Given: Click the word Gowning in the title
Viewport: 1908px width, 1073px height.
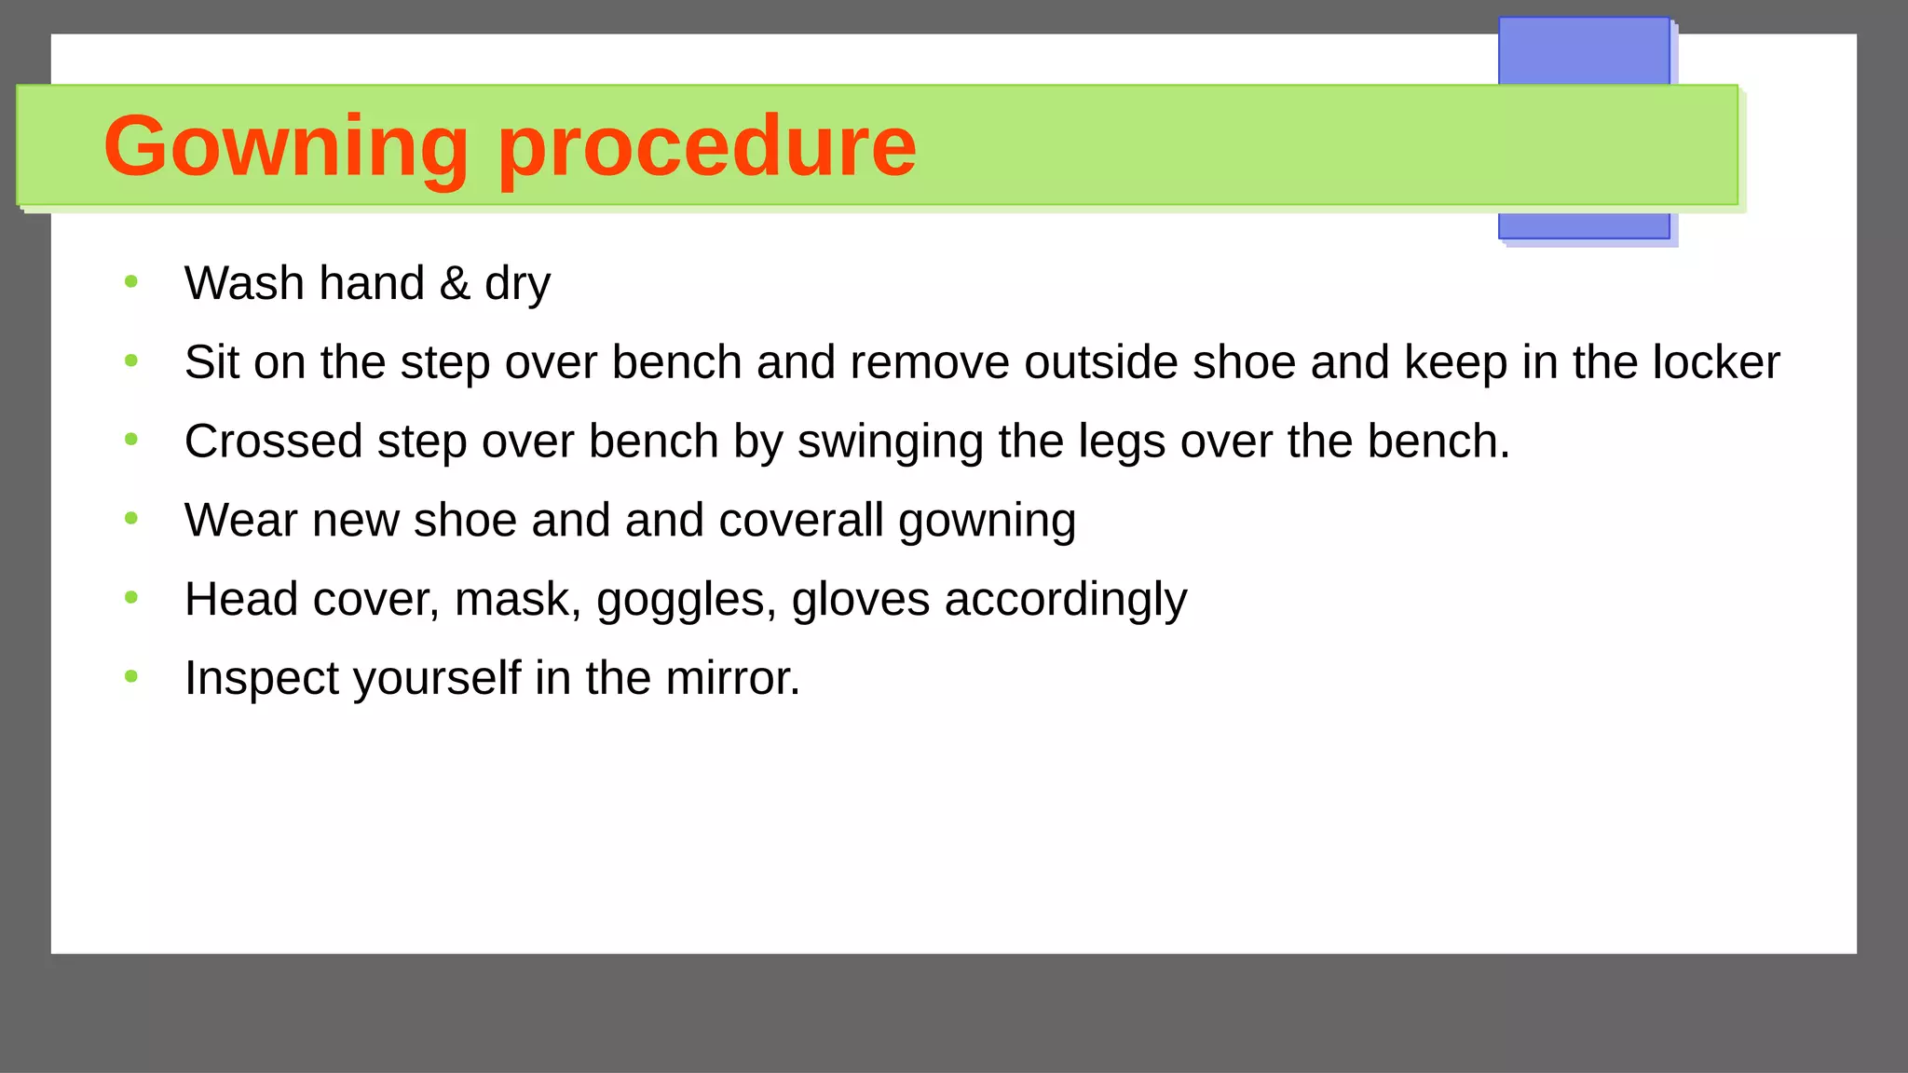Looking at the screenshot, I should click(x=286, y=147).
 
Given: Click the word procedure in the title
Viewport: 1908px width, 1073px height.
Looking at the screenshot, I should click(x=707, y=147).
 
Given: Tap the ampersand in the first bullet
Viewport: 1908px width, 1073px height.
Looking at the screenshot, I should click(x=455, y=283).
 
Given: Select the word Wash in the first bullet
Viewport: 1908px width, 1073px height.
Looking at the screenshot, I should click(x=244, y=283).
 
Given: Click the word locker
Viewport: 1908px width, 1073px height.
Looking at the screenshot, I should click(x=1716, y=362).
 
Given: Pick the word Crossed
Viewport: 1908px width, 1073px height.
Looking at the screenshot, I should click(x=273, y=441).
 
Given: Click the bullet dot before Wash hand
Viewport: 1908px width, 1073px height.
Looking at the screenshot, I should click(x=131, y=281).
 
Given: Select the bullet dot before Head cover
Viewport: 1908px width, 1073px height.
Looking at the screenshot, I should click(x=131, y=597).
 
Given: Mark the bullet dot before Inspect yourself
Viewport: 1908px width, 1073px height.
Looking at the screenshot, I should click(x=131, y=676).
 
